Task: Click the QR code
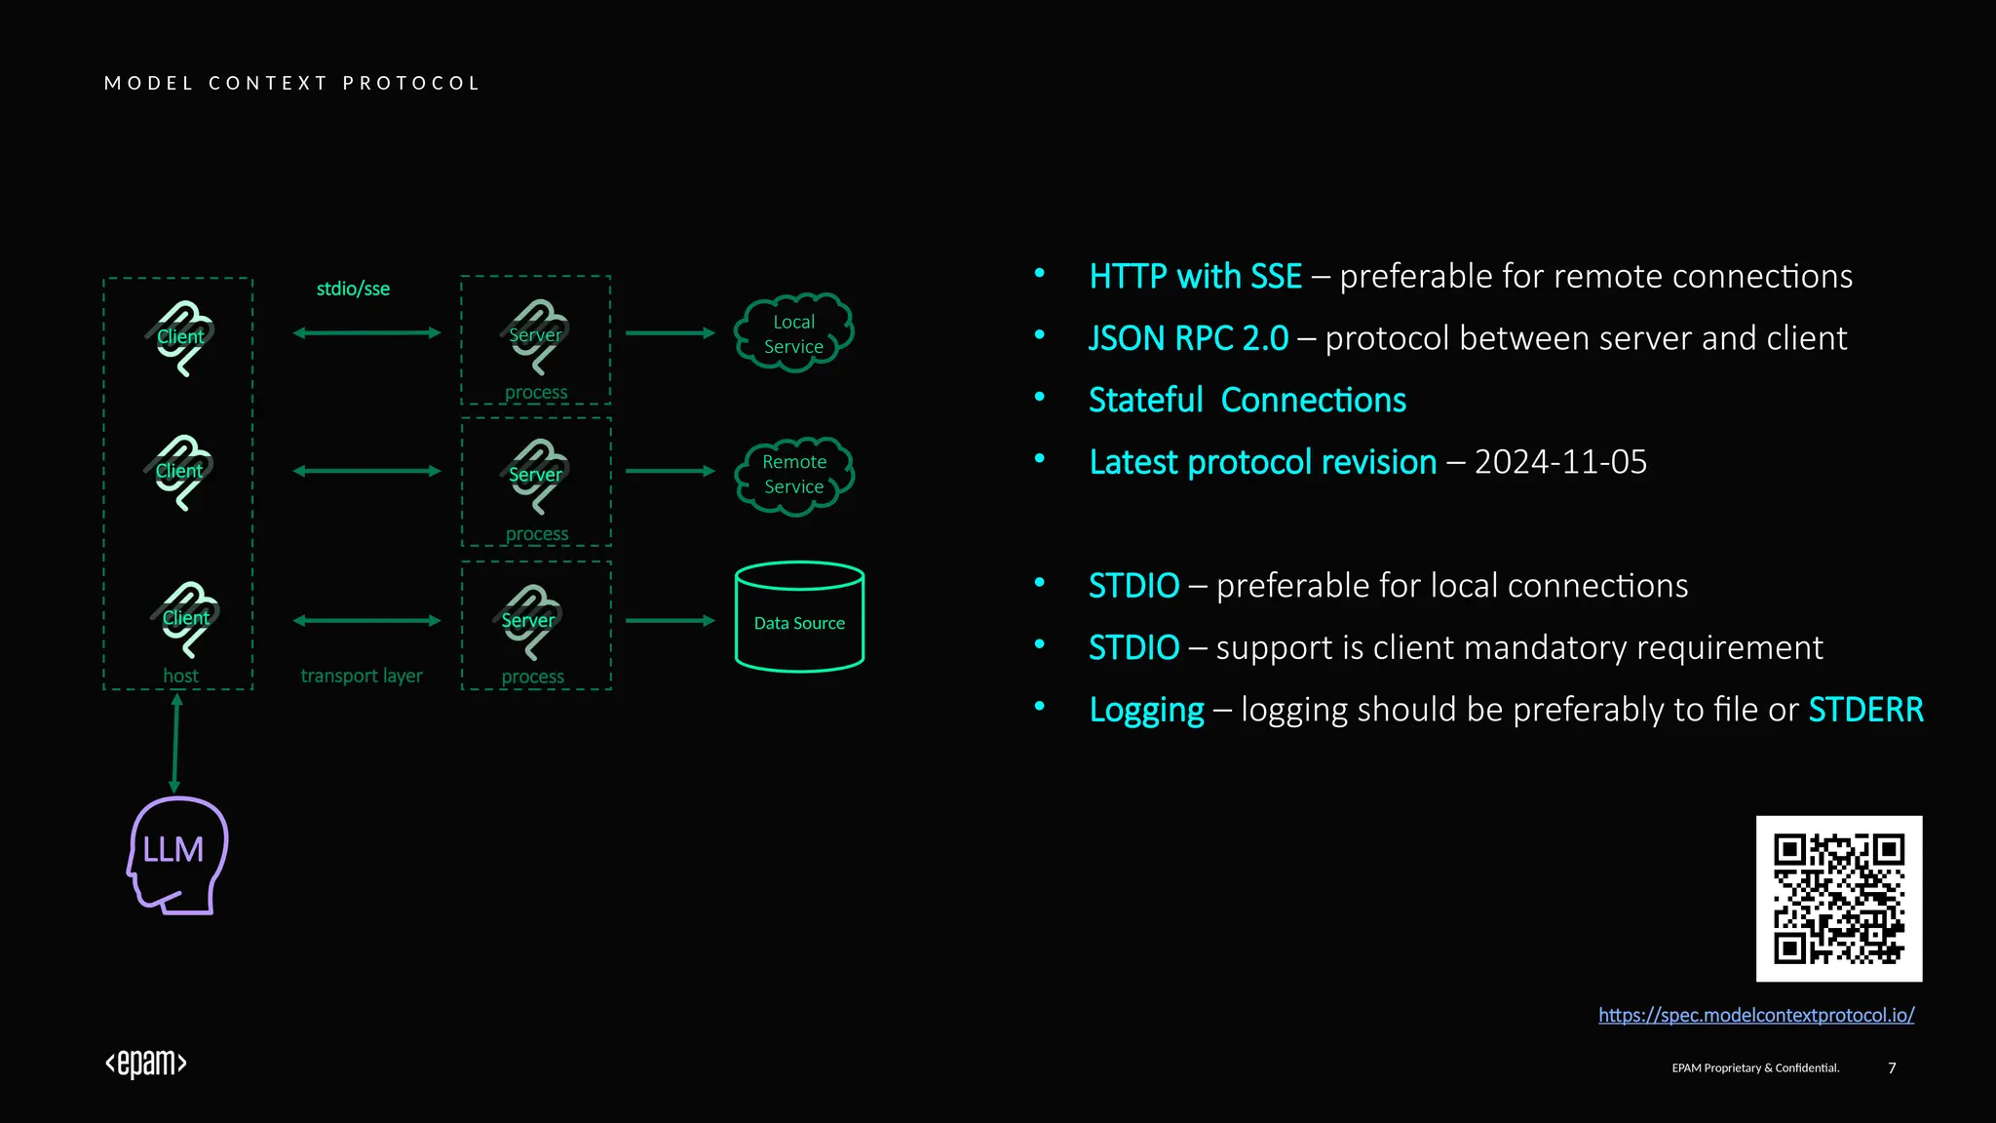coord(1838,898)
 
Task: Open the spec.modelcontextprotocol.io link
coord(1756,1015)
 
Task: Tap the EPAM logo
coord(146,1063)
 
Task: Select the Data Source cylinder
coord(799,617)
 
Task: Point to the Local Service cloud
coord(794,333)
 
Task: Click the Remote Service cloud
coord(794,475)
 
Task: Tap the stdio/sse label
coord(353,289)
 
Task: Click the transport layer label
coord(362,676)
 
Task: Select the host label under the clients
coord(180,676)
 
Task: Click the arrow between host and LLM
coord(175,743)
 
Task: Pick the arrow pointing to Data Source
coord(671,620)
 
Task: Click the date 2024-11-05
coord(1560,462)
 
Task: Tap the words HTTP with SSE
coord(1195,277)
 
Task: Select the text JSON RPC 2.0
coord(1188,338)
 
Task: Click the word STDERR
coord(1865,710)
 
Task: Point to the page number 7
coord(1892,1067)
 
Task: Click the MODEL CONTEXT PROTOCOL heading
coord(292,83)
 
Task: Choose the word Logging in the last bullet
coord(1146,710)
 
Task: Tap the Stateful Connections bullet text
coord(1247,401)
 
